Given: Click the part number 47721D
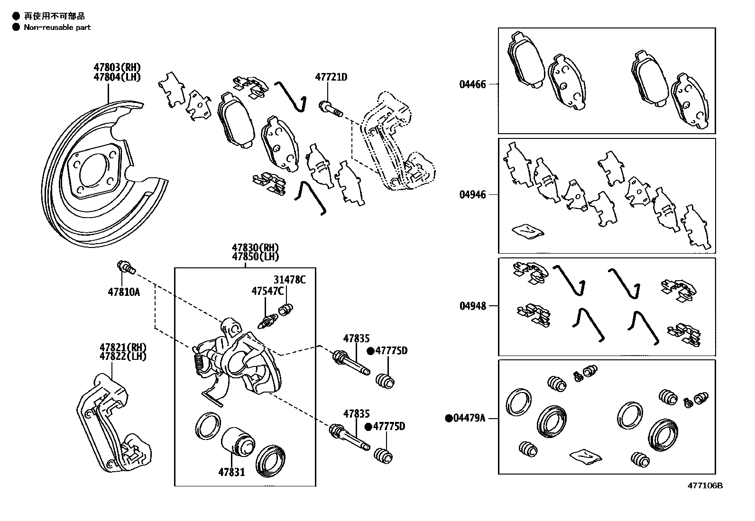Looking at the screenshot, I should (331, 77).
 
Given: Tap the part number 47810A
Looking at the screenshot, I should (123, 292).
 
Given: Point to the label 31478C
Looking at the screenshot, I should (289, 280).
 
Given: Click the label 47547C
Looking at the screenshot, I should (267, 291).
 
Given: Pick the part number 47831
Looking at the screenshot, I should (231, 472).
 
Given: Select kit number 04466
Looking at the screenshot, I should (472, 85).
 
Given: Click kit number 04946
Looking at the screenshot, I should (472, 195).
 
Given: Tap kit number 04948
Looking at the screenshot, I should (472, 306).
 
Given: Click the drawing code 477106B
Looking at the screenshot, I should (705, 485).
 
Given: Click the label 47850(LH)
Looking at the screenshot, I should (255, 256).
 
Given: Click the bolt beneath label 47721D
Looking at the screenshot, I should (331, 109).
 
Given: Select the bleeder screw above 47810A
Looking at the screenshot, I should (126, 267).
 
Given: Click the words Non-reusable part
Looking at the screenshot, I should (57, 27).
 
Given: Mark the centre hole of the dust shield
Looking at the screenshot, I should (92, 169).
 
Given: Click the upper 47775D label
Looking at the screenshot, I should (391, 351).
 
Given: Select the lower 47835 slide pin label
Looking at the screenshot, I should (356, 414).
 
